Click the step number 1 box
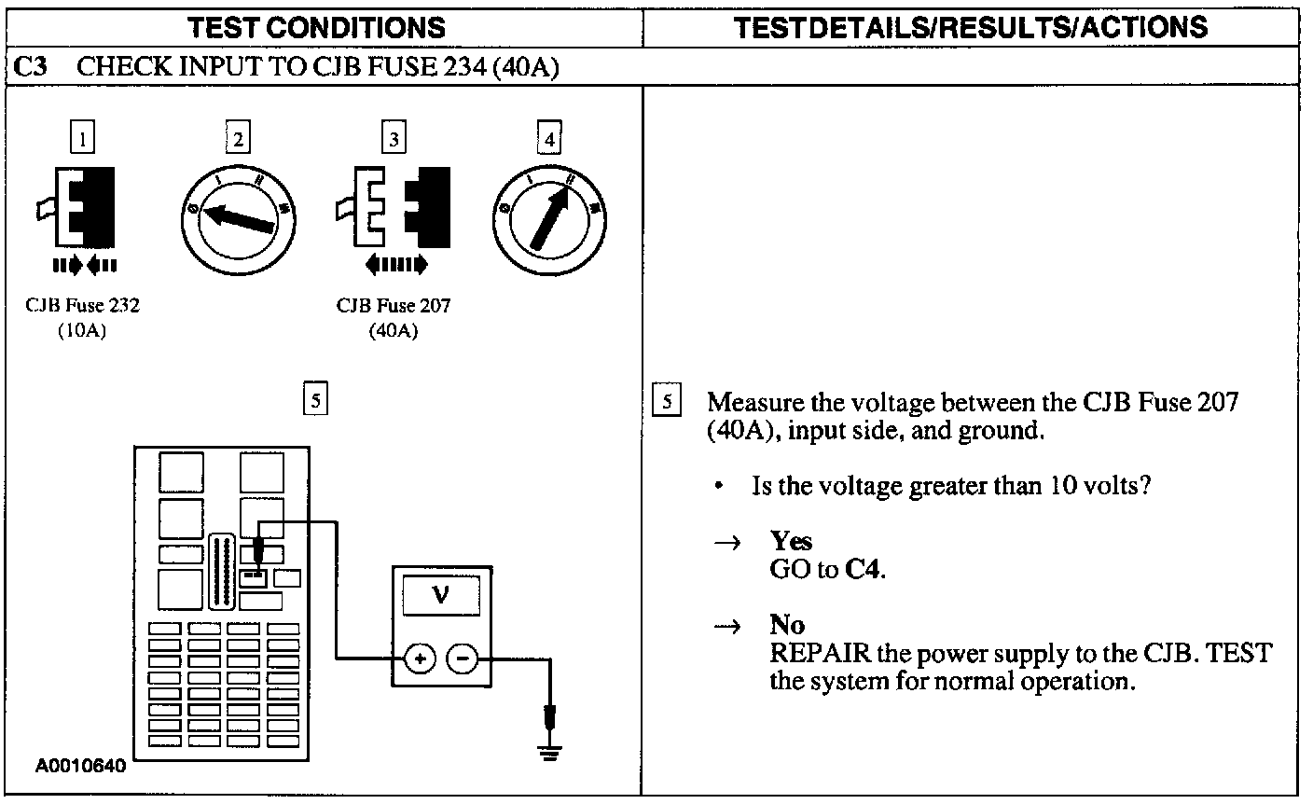[84, 139]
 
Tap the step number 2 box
[239, 139]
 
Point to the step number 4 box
[550, 139]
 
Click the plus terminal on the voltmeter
[420, 659]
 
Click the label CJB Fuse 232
[84, 305]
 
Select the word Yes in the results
[791, 541]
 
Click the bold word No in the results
[787, 624]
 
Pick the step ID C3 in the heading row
[34, 67]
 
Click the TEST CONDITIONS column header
[317, 27]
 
